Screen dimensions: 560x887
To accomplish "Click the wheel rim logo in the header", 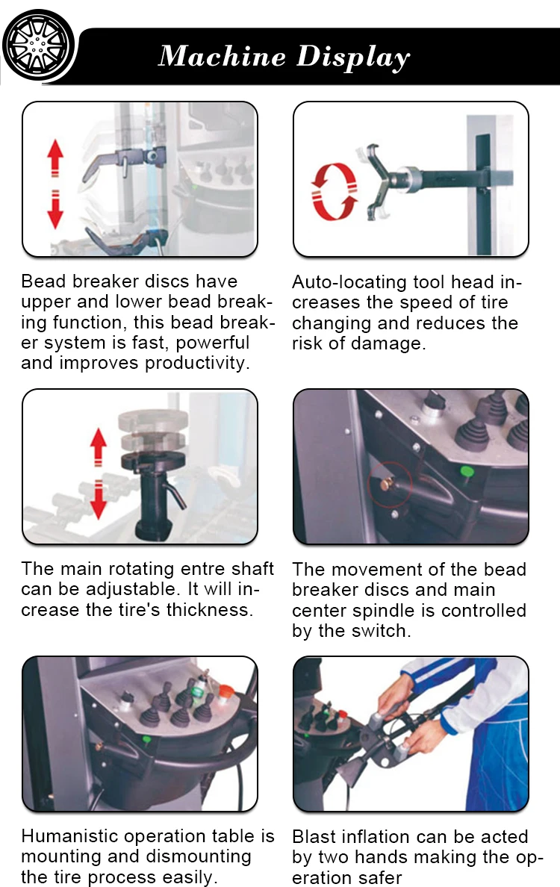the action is click(x=38, y=46).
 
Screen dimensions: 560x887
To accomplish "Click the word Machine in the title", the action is click(x=223, y=56).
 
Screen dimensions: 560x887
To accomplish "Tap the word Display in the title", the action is click(x=353, y=57).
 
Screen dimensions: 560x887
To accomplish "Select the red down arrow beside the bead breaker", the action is click(x=55, y=209).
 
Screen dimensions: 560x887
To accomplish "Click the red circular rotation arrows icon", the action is click(x=335, y=192).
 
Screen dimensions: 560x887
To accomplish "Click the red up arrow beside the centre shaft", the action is click(x=99, y=447).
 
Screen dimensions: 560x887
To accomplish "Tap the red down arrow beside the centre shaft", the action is click(x=99, y=499).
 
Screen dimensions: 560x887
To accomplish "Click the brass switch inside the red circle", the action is click(x=388, y=485).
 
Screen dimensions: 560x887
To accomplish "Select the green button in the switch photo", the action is click(x=467, y=473).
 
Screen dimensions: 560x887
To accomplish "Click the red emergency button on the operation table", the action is click(x=225, y=691).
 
